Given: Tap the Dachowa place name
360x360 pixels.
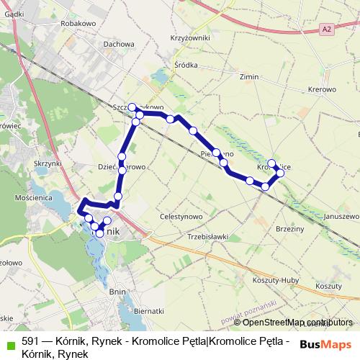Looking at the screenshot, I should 119,44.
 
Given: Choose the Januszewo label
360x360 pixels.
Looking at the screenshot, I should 341,216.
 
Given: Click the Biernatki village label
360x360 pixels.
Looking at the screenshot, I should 149,310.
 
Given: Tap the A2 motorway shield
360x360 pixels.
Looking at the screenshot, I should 328,28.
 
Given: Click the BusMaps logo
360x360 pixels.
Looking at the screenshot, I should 320,344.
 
